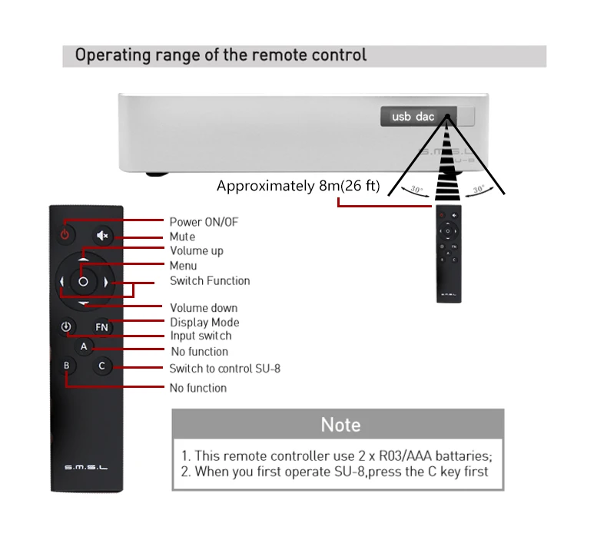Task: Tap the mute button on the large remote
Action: (x=102, y=236)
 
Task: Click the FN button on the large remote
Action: (x=102, y=327)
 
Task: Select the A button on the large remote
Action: (x=85, y=347)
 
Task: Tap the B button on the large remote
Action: (x=67, y=366)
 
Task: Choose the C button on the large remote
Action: (x=102, y=366)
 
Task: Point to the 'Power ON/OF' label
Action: (x=204, y=222)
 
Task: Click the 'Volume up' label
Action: (x=196, y=250)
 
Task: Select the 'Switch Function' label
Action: (x=209, y=280)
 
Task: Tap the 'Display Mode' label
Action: (x=204, y=323)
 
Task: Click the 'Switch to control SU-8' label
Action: (x=224, y=369)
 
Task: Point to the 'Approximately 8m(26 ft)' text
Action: (x=297, y=186)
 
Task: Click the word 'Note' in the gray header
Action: (x=340, y=425)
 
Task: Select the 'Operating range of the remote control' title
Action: (x=221, y=55)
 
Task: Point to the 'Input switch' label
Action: (x=200, y=336)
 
